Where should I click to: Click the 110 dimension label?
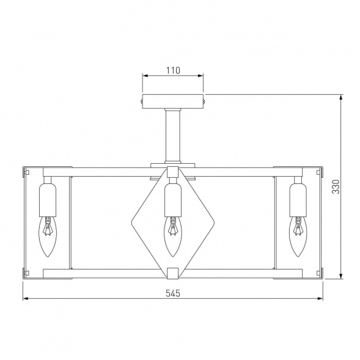point(173,70)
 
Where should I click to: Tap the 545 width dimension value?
point(173,293)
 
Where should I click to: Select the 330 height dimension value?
point(336,186)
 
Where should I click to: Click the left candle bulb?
point(48,237)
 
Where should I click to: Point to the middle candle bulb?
point(172,237)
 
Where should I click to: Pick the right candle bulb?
point(298,237)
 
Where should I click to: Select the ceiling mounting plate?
point(173,101)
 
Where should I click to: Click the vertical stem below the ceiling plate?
point(173,136)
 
